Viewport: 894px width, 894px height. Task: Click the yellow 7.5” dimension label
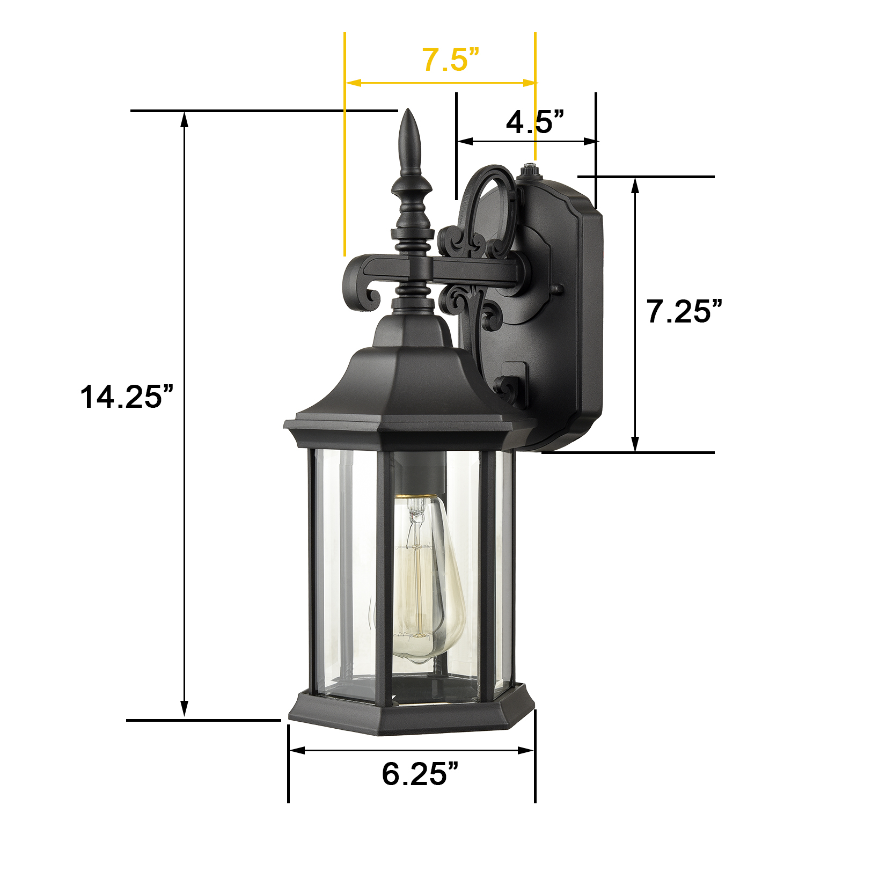tap(450, 59)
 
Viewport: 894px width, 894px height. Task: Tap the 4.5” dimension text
tap(535, 122)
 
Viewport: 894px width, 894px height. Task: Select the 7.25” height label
tap(684, 311)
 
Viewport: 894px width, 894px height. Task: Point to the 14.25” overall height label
tap(127, 397)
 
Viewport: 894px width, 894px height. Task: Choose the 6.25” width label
tap(420, 774)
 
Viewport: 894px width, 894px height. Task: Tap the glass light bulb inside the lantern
tap(428, 577)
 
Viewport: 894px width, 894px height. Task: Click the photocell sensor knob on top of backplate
tap(529, 171)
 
